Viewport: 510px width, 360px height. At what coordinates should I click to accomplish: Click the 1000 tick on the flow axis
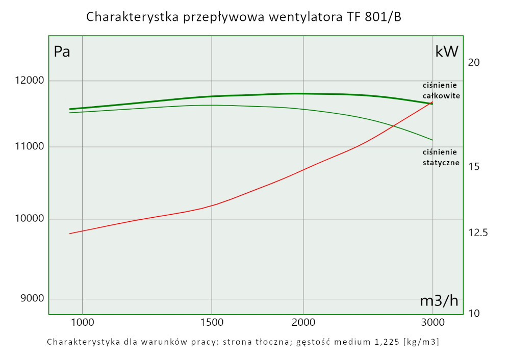coord(82,322)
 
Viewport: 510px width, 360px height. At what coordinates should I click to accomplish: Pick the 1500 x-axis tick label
coord(212,322)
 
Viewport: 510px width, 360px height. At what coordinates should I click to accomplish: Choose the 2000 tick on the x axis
coord(303,322)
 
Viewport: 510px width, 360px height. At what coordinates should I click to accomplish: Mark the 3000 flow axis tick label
coord(432,322)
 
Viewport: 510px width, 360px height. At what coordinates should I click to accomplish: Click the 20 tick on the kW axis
coord(474,63)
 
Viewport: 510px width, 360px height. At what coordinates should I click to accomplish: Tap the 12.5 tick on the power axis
coord(477,233)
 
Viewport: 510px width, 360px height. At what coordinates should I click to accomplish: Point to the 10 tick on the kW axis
coord(474,313)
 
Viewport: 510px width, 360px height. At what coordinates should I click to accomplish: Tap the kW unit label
coord(447,52)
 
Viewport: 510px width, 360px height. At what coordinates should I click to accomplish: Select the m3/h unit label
coord(439,301)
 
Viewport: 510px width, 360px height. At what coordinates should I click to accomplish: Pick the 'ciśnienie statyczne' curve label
coord(441,158)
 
